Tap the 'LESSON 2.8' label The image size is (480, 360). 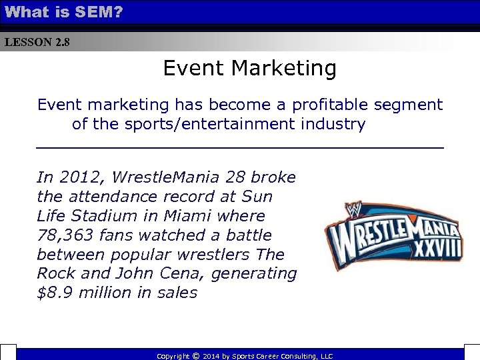point(37,43)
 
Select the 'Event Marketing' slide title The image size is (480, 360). point(249,68)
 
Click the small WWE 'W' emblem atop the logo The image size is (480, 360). point(353,211)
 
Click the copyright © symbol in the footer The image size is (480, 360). point(195,356)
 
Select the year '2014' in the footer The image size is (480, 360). point(213,356)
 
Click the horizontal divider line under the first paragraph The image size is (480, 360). point(239,146)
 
